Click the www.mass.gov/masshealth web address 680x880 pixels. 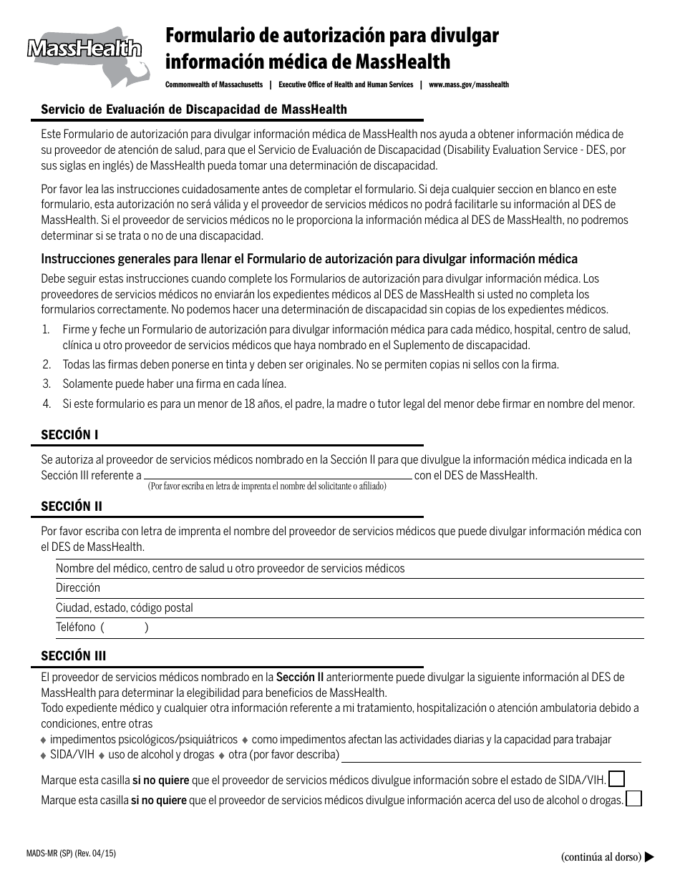[x=469, y=84]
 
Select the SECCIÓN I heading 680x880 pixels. [x=69, y=434]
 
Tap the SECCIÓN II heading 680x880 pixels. [x=72, y=506]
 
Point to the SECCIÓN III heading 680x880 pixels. [x=74, y=655]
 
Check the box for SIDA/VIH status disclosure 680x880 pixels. [x=616, y=778]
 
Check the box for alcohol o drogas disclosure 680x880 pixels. [x=633, y=799]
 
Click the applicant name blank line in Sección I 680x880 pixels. [x=278, y=474]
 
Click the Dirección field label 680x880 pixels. [x=78, y=588]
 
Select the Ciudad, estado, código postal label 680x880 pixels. [x=125, y=608]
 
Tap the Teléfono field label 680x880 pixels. [x=76, y=627]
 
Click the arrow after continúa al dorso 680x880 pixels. [x=650, y=856]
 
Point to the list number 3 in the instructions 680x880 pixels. [x=46, y=384]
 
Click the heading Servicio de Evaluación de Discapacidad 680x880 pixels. [x=194, y=109]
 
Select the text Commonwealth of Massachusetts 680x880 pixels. [x=214, y=84]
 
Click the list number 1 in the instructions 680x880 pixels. [x=46, y=329]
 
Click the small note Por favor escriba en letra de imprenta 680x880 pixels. [x=267, y=487]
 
